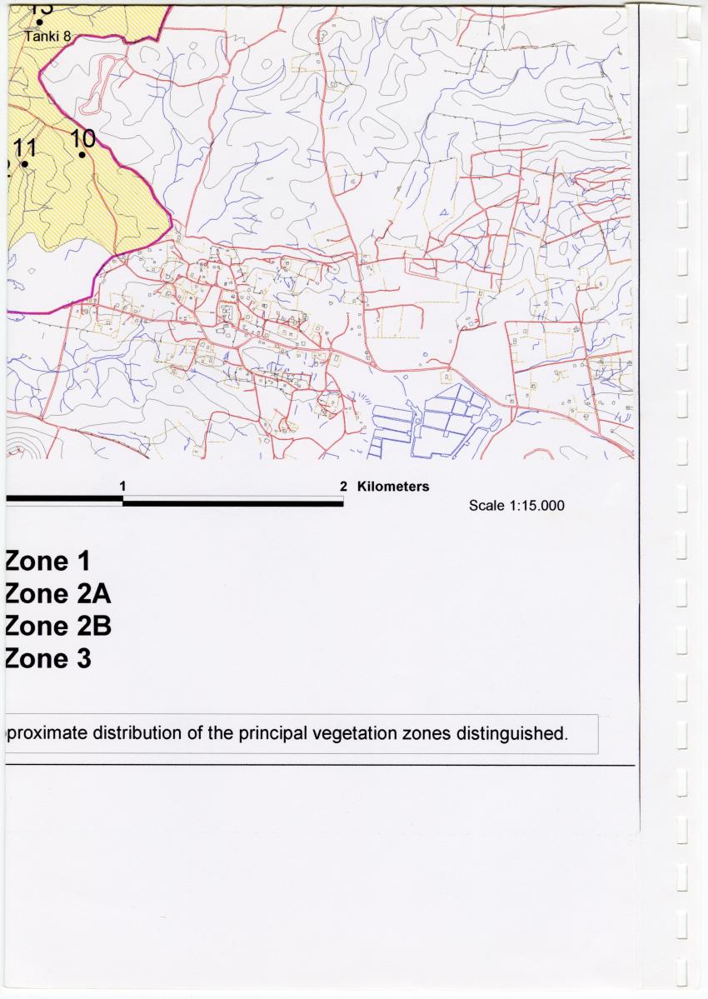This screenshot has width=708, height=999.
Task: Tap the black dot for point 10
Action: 82,154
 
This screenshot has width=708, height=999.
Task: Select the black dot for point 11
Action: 25,164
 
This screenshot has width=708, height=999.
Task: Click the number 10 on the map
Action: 83,137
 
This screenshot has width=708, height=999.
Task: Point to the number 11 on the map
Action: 26,147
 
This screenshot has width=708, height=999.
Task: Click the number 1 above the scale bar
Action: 122,485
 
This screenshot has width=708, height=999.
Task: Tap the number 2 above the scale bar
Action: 343,486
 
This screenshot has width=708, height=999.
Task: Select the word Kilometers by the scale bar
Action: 393,486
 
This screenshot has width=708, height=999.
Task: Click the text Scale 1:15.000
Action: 516,506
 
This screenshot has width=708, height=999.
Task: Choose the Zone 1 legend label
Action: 47,561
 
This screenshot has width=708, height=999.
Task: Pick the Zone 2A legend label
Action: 57,593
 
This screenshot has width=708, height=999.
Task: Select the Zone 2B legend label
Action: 57,626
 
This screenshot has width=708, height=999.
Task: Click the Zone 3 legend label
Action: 47,658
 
